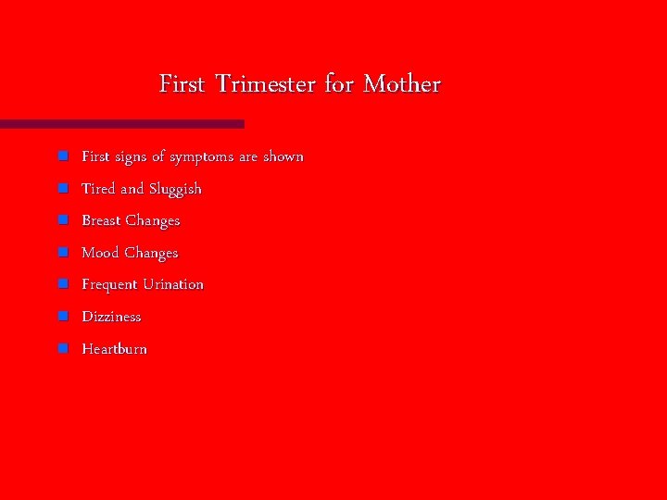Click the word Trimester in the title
pos(266,84)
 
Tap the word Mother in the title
pos(402,84)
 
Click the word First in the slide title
pos(183,84)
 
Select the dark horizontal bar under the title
pos(121,123)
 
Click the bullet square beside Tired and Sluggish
pos(62,188)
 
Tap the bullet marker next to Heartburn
pos(62,348)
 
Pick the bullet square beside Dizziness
pos(62,316)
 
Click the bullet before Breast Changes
pos(62,220)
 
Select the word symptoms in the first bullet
pos(201,157)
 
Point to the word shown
pos(283,156)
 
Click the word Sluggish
pos(174,189)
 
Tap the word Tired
pos(98,189)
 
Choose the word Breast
pos(101,220)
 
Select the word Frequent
pos(109,285)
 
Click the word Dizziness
pos(111,317)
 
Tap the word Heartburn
pos(114,349)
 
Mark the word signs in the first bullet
pos(132,157)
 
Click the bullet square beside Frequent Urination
pos(62,284)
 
